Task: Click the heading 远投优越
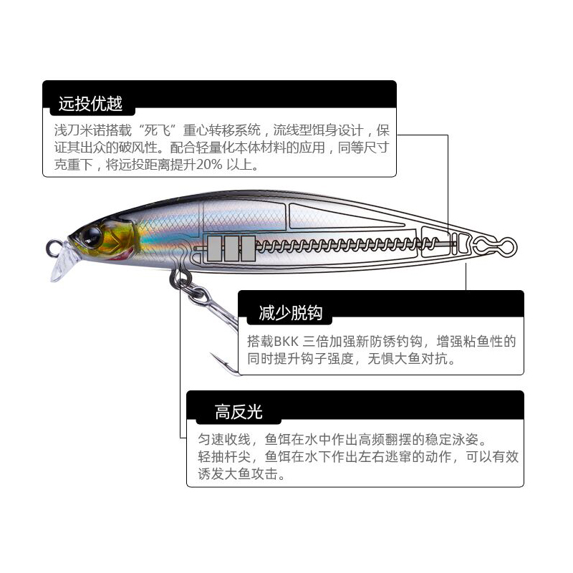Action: click(x=90, y=103)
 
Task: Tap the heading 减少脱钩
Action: click(x=290, y=312)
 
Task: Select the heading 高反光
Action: click(x=239, y=412)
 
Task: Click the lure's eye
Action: click(x=92, y=234)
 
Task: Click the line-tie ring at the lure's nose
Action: click(x=52, y=248)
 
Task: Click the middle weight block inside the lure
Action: click(x=231, y=248)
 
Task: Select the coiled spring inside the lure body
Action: click(x=337, y=246)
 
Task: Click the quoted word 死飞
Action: click(x=158, y=131)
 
